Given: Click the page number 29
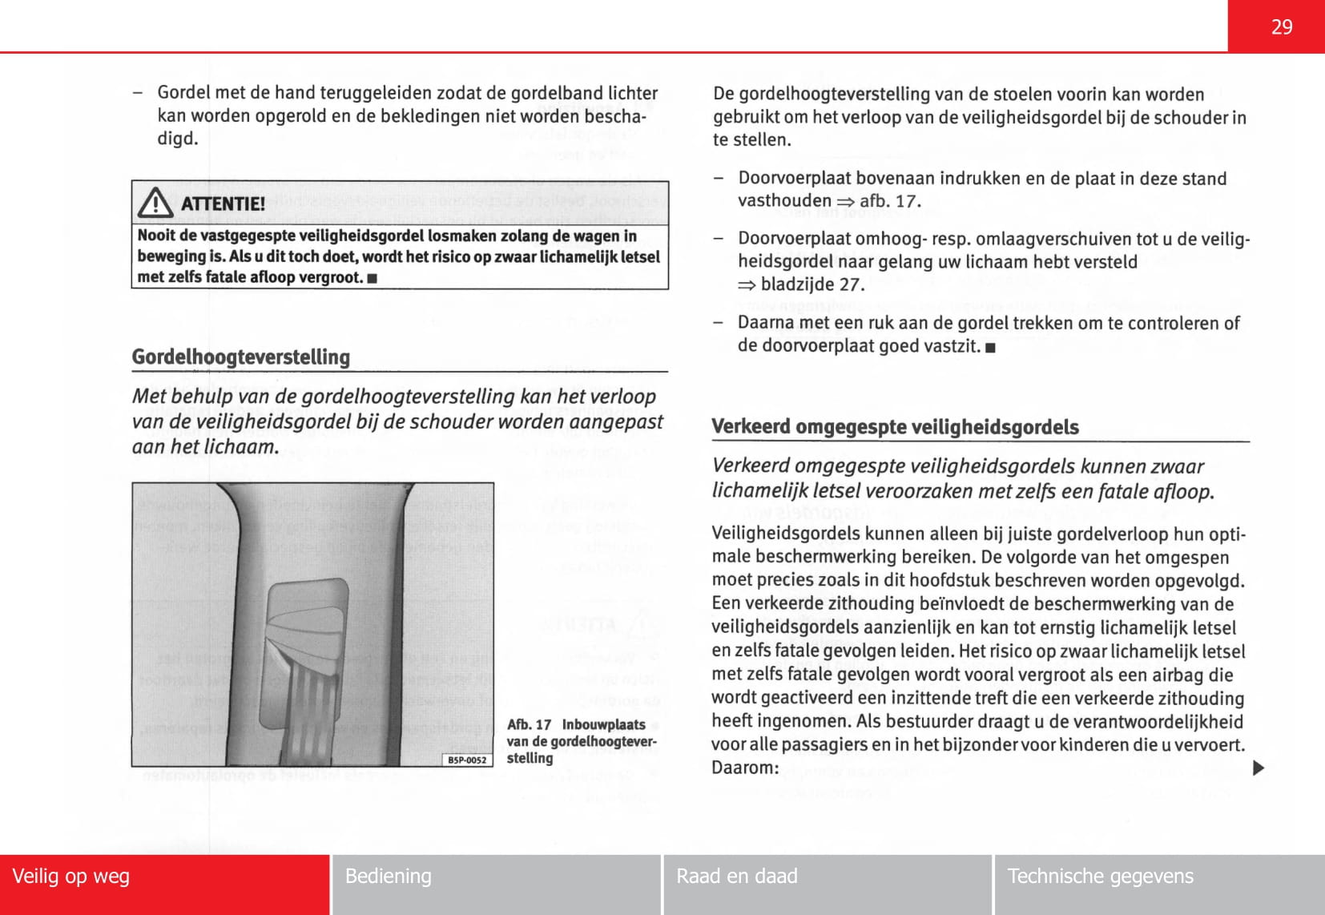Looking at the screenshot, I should pos(1281,27).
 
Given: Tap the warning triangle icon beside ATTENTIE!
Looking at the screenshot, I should pos(155,203).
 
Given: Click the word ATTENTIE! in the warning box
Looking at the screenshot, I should pos(223,204).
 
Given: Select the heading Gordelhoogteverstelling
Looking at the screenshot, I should pos(241,357).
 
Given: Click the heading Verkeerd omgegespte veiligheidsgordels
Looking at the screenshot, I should pos(895,426).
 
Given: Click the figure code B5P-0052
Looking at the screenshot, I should pos(467,760).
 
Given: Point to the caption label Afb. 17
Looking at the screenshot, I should pos(529,724).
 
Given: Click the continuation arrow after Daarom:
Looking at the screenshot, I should pos(1258,768).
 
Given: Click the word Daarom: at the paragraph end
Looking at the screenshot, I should pos(745,768).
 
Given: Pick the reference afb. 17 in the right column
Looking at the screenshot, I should pos(889,200).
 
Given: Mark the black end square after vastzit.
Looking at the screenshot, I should pos(991,348).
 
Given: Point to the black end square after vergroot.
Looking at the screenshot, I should pos(372,279).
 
